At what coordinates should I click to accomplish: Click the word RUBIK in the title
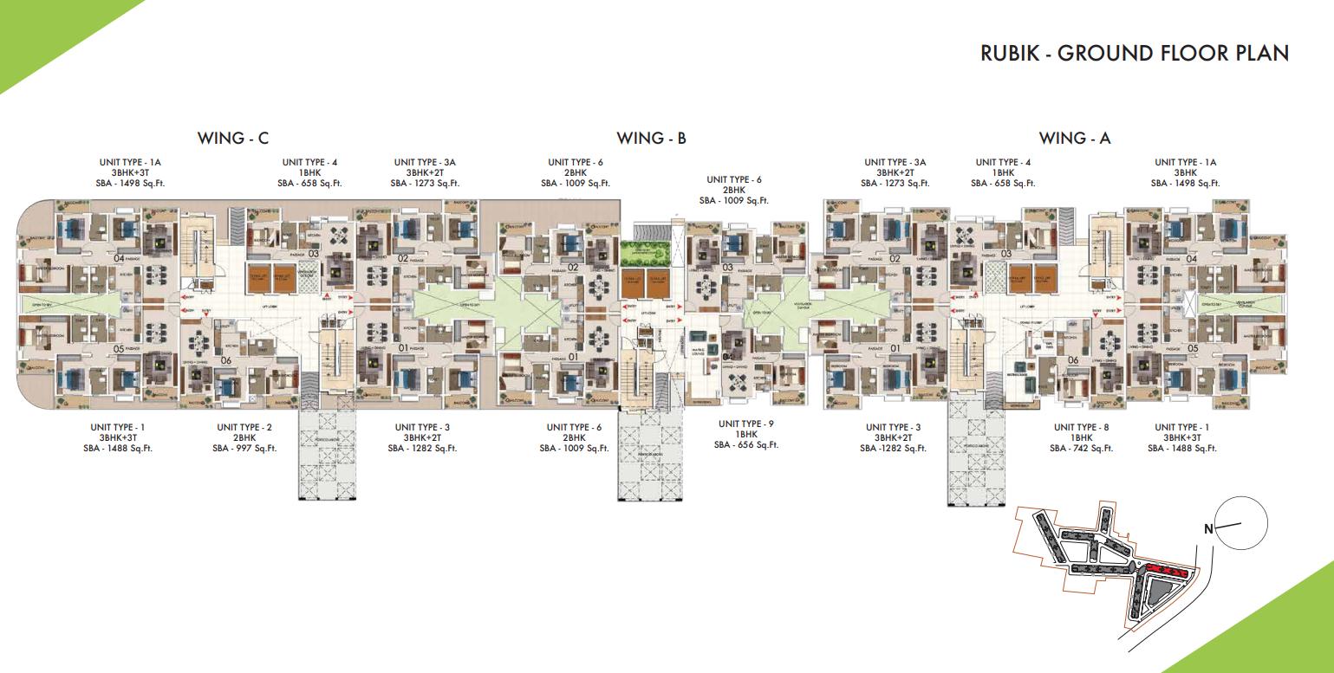[1009, 53]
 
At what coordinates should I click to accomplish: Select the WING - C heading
[233, 138]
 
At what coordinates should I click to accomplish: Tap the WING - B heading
[651, 138]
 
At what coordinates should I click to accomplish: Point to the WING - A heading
[1075, 138]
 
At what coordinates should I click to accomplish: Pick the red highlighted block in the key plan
[1163, 570]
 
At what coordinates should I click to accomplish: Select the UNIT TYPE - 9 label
[745, 423]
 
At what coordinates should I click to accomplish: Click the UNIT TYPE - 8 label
[1081, 427]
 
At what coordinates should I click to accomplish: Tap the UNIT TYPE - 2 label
[244, 427]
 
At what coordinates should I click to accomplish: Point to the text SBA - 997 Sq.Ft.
[244, 448]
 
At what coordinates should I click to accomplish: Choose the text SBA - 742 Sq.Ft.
[1081, 448]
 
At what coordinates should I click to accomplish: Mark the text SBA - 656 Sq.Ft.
[745, 444]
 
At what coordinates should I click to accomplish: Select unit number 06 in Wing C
[226, 360]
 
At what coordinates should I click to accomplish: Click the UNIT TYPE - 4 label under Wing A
[1003, 162]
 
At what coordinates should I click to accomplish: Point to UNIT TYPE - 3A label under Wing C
[424, 162]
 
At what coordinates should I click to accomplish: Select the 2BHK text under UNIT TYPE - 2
[244, 437]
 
